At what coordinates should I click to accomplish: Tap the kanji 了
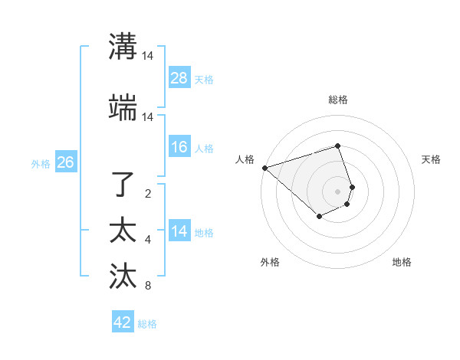coord(123,185)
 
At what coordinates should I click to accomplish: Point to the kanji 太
coord(123,230)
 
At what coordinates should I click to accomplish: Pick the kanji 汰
coord(123,275)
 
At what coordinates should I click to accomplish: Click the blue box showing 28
coord(179,78)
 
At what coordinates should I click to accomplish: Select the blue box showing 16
coord(179,147)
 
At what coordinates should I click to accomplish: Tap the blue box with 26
coord(65,162)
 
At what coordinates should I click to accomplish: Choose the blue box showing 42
coord(123,322)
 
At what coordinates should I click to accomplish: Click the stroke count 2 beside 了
coord(148,194)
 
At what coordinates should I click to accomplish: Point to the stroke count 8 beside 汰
coord(148,286)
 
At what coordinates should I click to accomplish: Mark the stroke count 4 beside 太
coord(148,241)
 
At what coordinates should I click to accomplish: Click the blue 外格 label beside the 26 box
coord(41,163)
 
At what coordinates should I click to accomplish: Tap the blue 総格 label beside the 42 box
coord(147,324)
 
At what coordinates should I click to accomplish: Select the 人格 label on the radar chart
coord(245,159)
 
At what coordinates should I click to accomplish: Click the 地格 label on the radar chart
coord(402,262)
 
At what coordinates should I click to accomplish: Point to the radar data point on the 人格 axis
coord(264,168)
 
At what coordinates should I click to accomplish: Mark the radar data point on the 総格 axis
coord(337,146)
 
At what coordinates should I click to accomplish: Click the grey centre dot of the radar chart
coord(337,191)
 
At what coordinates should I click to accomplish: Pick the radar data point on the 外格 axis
coord(319,217)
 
